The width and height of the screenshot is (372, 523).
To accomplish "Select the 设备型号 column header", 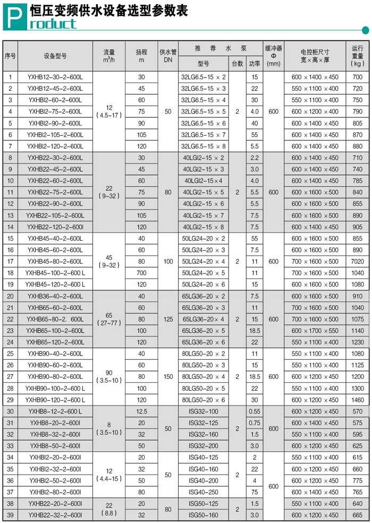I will [55, 55].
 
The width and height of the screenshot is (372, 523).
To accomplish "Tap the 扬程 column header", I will [141, 55].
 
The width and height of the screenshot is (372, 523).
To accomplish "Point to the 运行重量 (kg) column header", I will [358, 55].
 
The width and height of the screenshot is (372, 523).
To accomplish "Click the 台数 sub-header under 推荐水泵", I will [236, 63].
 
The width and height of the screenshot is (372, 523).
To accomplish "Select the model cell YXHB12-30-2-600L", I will [55, 77].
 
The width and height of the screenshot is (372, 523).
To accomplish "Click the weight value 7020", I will [358, 261].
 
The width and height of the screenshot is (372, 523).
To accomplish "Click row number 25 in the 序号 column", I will [10, 353].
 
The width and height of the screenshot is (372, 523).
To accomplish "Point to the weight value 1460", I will [358, 400].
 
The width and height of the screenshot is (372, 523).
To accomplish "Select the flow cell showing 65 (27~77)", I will [108, 319].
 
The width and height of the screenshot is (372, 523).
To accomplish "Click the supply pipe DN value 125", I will [168, 319].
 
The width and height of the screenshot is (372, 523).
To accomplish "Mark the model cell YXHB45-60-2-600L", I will [55, 250].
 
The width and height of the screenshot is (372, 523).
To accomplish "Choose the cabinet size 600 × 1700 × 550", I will [315, 331].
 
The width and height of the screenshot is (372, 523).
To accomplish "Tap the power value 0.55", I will [255, 411].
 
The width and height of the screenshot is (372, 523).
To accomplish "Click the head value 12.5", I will [141, 411].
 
